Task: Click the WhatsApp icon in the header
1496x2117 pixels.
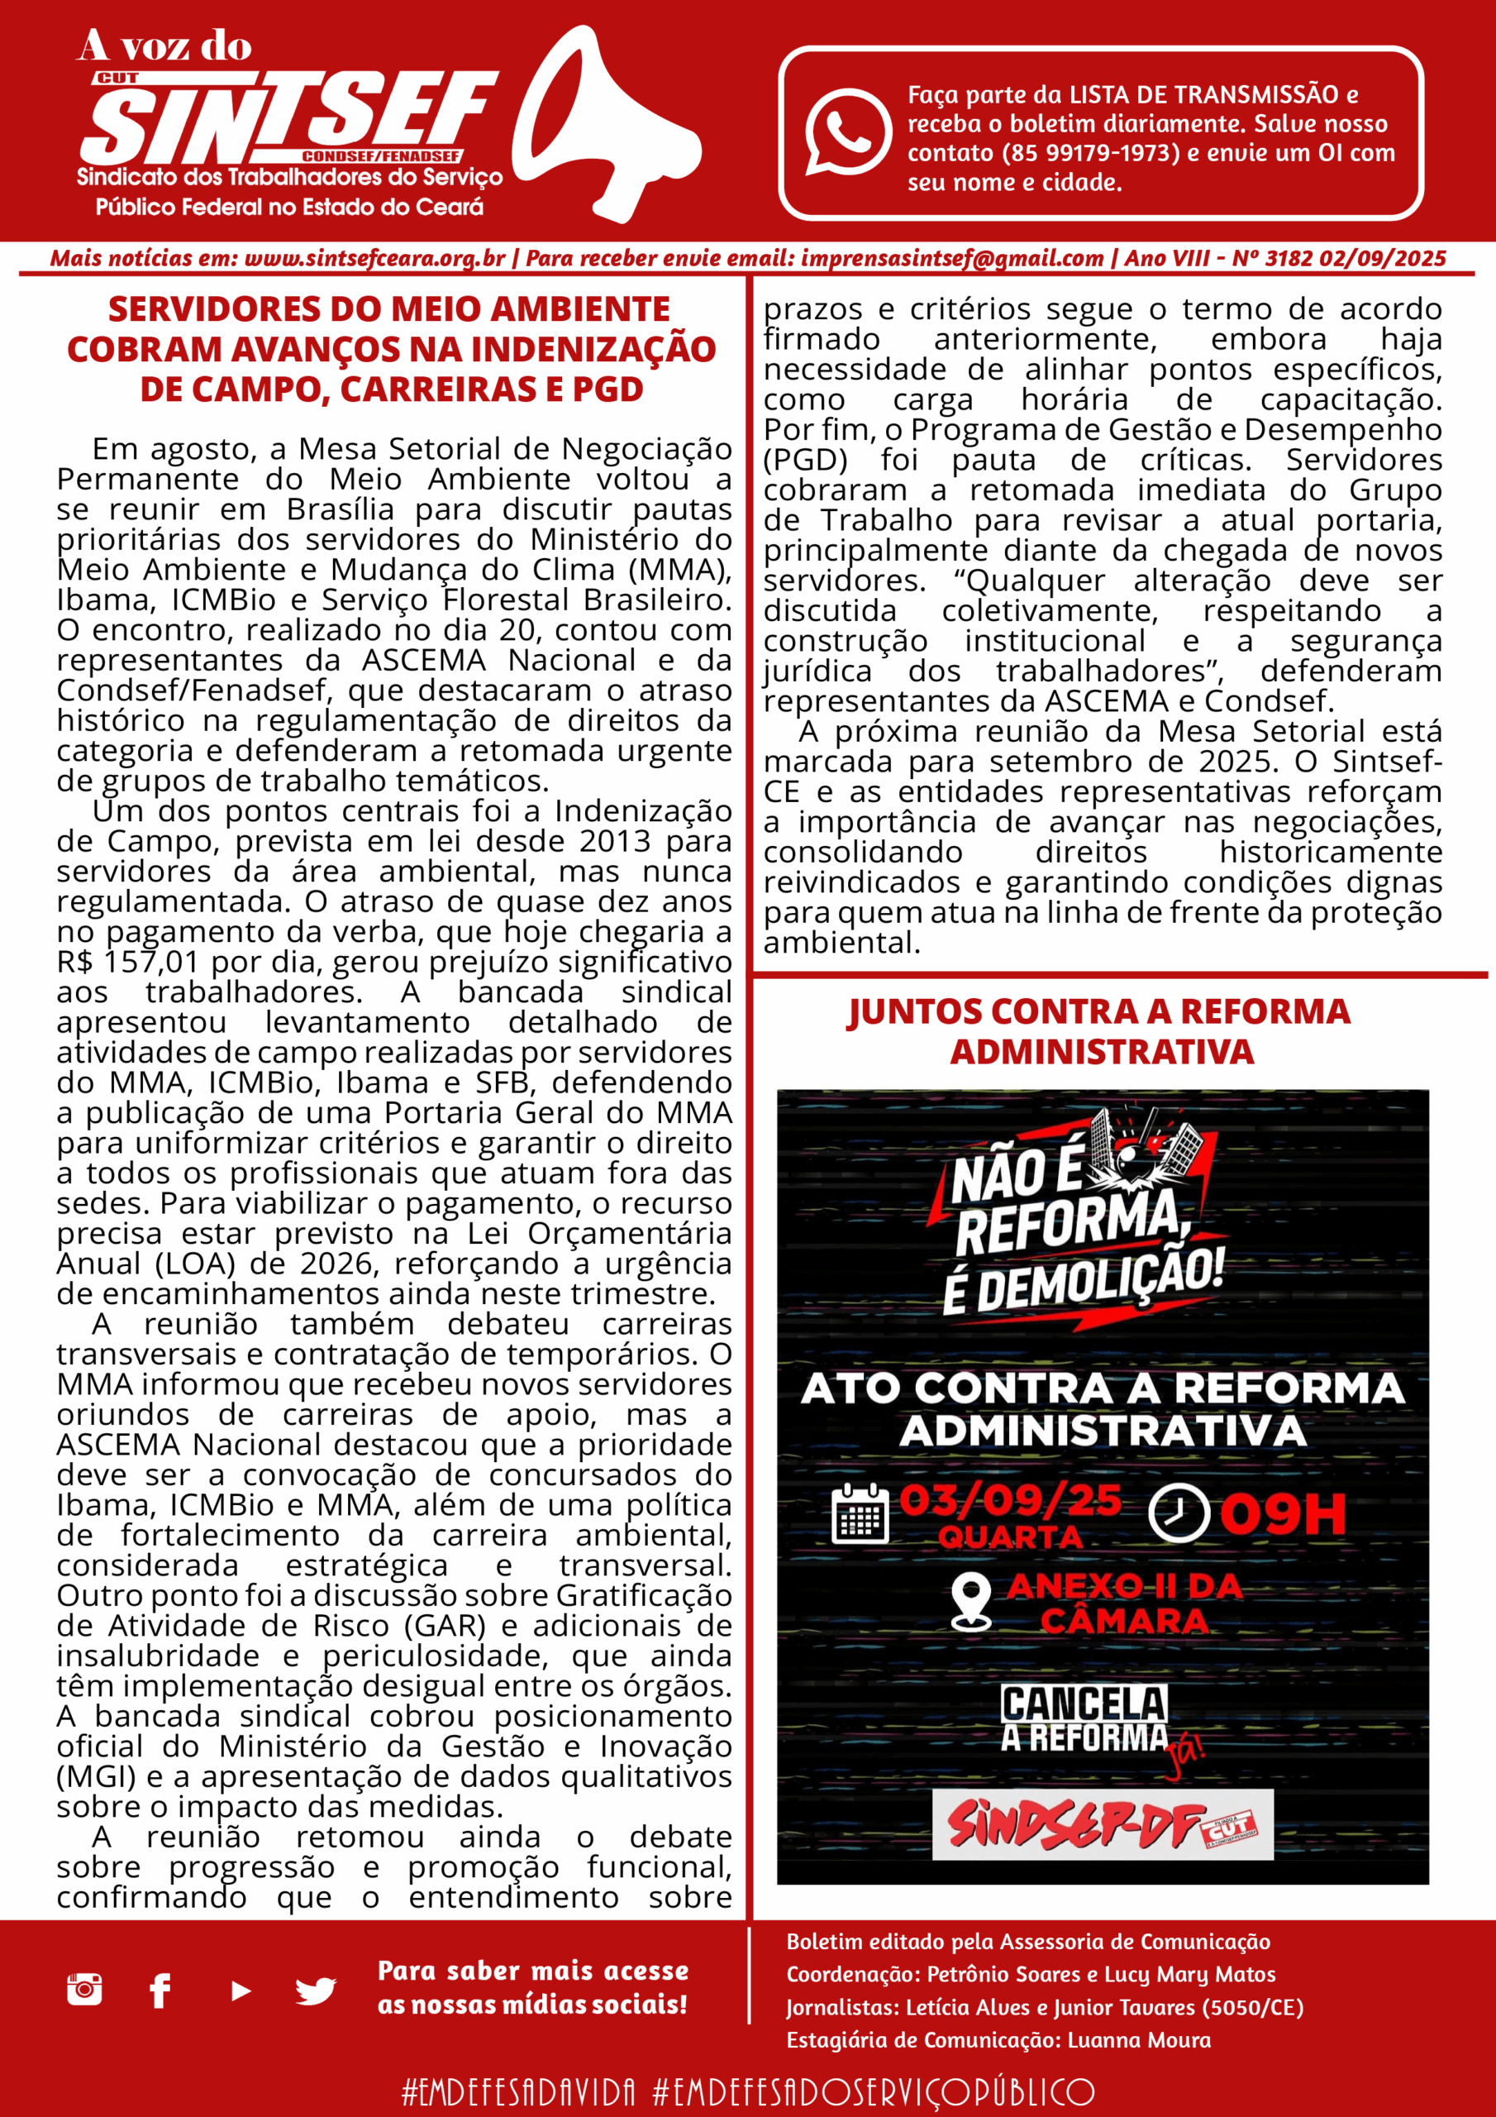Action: pyautogui.click(x=847, y=131)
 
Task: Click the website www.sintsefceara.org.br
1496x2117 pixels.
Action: pyautogui.click(x=374, y=259)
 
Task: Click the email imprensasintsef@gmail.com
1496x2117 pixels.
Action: pyautogui.click(x=951, y=259)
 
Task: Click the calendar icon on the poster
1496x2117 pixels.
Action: pyautogui.click(x=859, y=1514)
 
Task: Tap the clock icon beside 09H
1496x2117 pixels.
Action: pyautogui.click(x=1178, y=1512)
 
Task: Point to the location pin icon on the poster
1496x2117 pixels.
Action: pyautogui.click(x=970, y=1603)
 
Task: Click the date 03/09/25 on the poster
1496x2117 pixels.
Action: pyautogui.click(x=1010, y=1501)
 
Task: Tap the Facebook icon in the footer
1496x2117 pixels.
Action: pyautogui.click(x=160, y=1990)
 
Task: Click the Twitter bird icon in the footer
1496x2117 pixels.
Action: pyautogui.click(x=315, y=1990)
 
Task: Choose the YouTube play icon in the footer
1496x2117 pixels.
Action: pyautogui.click(x=241, y=1990)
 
